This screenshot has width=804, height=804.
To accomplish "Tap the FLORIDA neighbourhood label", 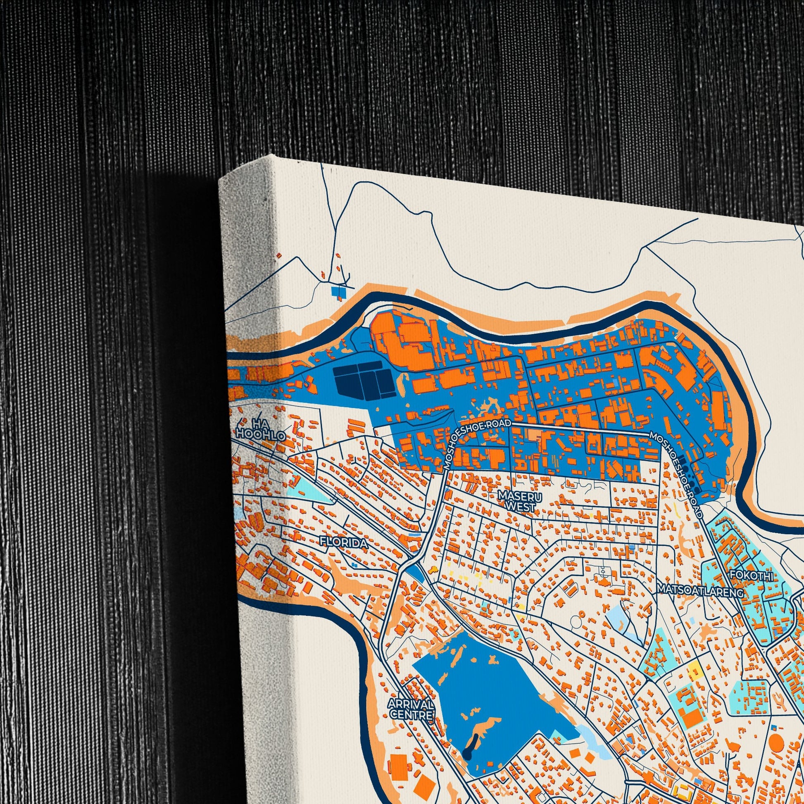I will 343,542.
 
